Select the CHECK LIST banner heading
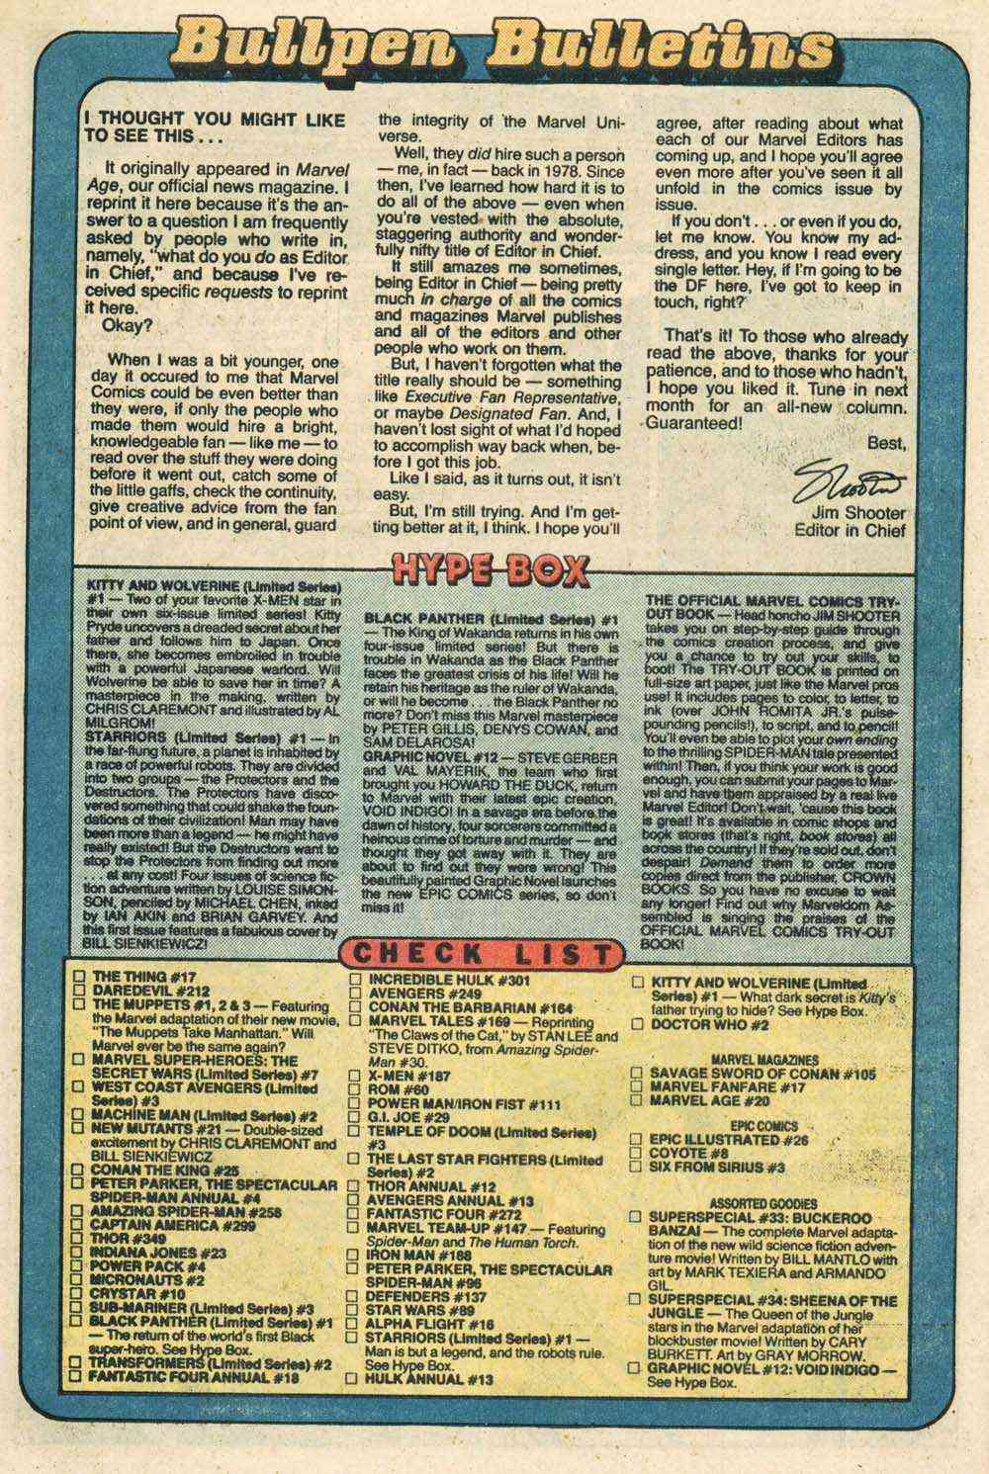click(487, 954)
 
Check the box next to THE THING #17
click(79, 977)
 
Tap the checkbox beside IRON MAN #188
click(355, 1255)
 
